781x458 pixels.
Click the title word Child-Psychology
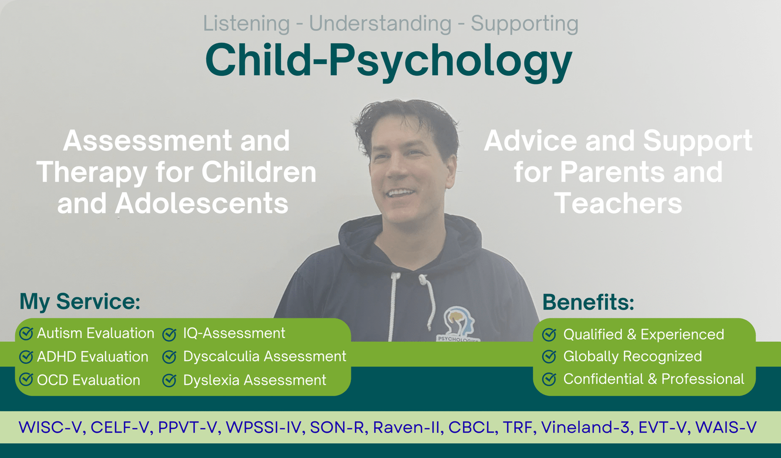click(x=389, y=61)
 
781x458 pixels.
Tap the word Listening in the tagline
click(x=247, y=24)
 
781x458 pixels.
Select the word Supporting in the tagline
click(x=525, y=24)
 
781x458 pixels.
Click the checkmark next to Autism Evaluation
click(x=26, y=333)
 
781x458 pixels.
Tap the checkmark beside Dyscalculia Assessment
click(x=169, y=357)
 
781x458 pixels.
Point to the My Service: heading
click(x=80, y=301)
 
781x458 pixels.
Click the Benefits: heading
click(x=588, y=302)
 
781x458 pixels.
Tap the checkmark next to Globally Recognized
click(x=549, y=356)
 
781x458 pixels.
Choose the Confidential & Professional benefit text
click(x=654, y=379)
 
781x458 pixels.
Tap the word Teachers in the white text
click(x=618, y=204)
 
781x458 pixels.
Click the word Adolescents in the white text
click(x=202, y=204)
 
